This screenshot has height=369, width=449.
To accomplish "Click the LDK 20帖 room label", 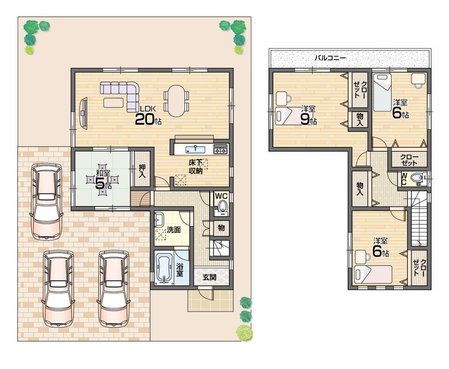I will (148, 116).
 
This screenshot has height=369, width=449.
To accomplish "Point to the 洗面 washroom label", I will (174, 229).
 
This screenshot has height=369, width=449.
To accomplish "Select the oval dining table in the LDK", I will (176, 101).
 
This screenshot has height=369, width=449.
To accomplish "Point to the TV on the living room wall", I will (83, 114).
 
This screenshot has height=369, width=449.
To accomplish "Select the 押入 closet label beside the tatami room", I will (141, 168).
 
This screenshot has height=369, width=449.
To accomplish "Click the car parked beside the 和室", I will (46, 201).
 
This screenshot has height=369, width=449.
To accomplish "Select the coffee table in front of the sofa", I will (113, 103).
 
